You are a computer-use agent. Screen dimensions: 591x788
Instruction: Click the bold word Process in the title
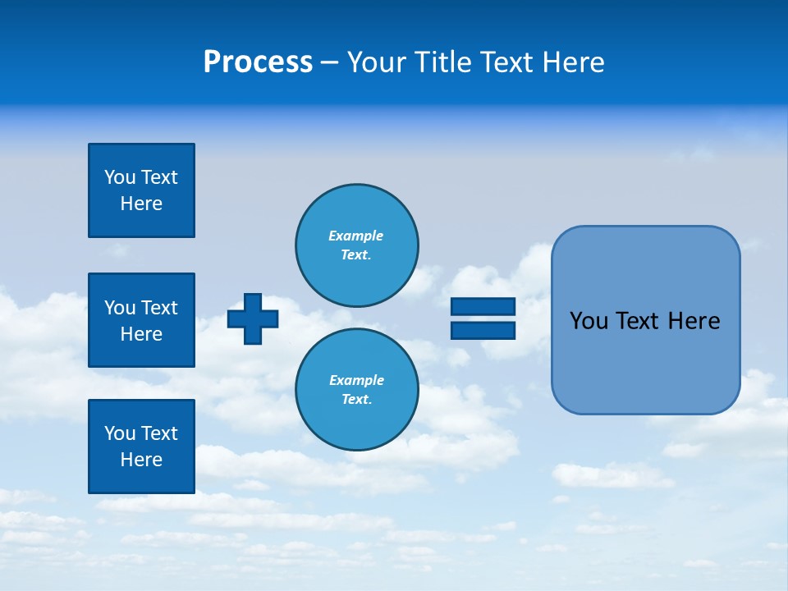(x=258, y=62)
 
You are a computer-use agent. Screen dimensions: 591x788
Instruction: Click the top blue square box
(x=141, y=190)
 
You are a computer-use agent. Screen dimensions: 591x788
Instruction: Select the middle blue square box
(x=141, y=320)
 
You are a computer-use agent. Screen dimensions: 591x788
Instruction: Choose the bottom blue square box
(x=141, y=446)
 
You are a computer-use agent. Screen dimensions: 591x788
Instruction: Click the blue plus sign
(x=253, y=318)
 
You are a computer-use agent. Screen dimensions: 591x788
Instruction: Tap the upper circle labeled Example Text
(x=356, y=245)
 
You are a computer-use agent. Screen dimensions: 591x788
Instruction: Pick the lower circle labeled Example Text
(x=356, y=390)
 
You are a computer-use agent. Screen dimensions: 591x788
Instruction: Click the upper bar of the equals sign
(x=483, y=306)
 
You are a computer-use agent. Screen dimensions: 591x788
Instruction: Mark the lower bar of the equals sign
(x=483, y=330)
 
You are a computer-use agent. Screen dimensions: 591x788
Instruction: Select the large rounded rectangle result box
(x=645, y=320)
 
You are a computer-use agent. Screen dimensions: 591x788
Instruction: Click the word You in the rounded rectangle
(x=589, y=321)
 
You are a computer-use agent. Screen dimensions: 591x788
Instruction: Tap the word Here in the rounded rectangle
(x=694, y=321)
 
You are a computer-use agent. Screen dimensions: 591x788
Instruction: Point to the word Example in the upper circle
(x=356, y=236)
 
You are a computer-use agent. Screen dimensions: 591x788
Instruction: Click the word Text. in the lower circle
(x=356, y=400)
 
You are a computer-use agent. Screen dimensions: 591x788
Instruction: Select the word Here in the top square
(x=141, y=204)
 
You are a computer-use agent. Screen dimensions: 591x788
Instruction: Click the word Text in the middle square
(x=160, y=308)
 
